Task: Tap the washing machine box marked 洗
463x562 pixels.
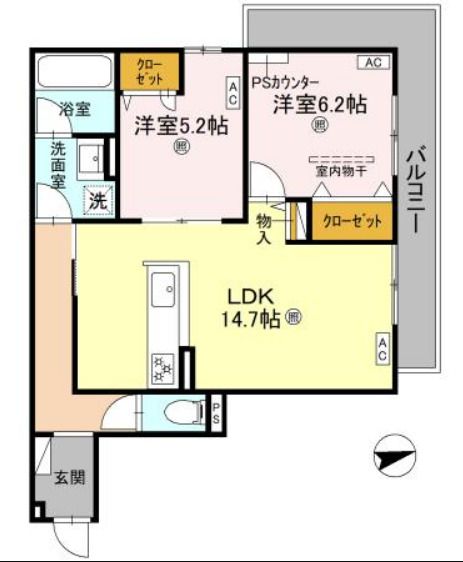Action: coord(97,201)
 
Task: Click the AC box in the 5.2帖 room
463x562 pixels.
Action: coord(232,95)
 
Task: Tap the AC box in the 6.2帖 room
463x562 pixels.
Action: coord(373,63)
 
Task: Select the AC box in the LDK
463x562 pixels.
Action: coord(383,349)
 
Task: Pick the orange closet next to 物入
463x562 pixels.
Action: coord(351,222)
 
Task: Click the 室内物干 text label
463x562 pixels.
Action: coord(339,171)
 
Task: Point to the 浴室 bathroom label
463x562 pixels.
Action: coord(74,110)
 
